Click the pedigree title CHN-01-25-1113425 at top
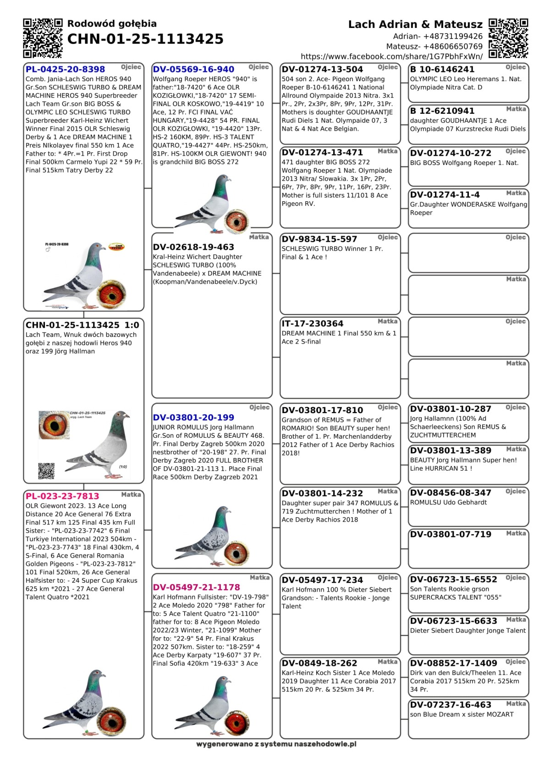pos(145,39)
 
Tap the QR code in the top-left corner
pos(43,38)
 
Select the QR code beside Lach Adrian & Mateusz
pos(508,38)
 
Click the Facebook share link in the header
pos(391,56)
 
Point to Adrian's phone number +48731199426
pos(438,36)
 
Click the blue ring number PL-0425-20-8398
pos(65,69)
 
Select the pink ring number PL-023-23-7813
pos(62,496)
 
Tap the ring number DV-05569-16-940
pos(193,69)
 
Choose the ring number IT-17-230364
pos(313,324)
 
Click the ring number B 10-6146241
pos(442,69)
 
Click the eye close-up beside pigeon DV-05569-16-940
pos(236,220)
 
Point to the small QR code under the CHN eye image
pos(46,471)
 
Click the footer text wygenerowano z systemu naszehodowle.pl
pos(276,744)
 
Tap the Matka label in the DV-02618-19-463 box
pos(259,237)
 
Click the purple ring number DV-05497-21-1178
pos(196,587)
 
